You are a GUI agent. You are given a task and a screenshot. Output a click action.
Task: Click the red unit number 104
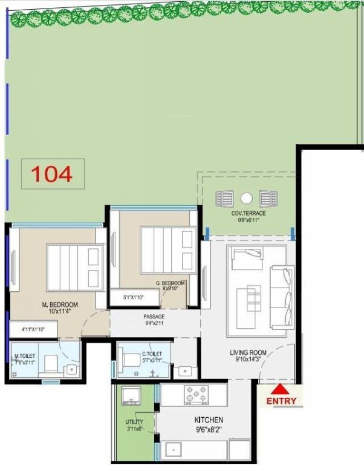tap(52, 174)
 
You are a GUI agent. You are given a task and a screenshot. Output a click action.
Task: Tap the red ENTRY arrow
tap(281, 389)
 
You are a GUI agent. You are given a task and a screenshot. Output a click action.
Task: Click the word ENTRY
tap(281, 401)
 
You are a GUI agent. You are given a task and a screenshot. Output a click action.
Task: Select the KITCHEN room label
tap(209, 420)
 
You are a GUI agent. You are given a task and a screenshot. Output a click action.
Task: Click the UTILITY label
tap(134, 421)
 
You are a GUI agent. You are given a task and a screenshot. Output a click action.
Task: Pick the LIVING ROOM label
tap(248, 352)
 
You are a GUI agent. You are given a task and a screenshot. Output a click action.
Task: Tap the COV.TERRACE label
tap(249, 214)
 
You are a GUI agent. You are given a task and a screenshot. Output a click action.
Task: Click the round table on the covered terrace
tap(246, 197)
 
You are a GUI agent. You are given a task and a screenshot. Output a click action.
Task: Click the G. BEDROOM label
tap(171, 283)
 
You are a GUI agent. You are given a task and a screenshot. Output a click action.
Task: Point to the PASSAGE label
tap(154, 317)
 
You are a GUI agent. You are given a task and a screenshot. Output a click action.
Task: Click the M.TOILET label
tap(25, 355)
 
